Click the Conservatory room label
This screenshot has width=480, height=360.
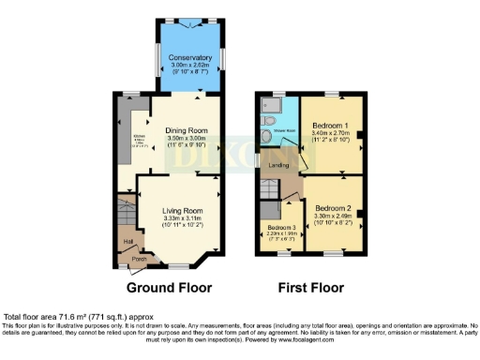click(191, 57)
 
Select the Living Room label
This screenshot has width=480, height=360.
click(183, 211)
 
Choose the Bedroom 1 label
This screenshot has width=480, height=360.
click(331, 125)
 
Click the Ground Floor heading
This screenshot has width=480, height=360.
click(169, 288)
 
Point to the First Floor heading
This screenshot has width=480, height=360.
click(306, 288)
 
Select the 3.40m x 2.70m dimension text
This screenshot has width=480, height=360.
click(331, 133)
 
